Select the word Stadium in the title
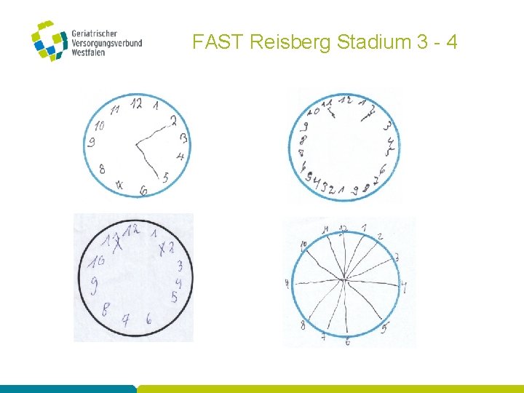[x=375, y=42]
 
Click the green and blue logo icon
[x=49, y=41]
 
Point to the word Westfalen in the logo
[x=89, y=52]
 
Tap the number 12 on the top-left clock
[x=135, y=103]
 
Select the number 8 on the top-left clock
[x=102, y=169]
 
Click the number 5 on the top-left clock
[x=166, y=177]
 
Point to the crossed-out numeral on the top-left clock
[x=119, y=186]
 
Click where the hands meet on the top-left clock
[x=136, y=146]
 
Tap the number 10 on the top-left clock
[x=99, y=126]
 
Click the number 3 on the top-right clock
[x=386, y=127]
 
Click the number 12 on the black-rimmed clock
[x=131, y=231]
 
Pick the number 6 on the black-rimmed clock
[x=148, y=318]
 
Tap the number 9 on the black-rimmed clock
[x=94, y=285]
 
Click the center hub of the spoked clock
[x=344, y=279]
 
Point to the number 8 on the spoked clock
[x=303, y=325]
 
